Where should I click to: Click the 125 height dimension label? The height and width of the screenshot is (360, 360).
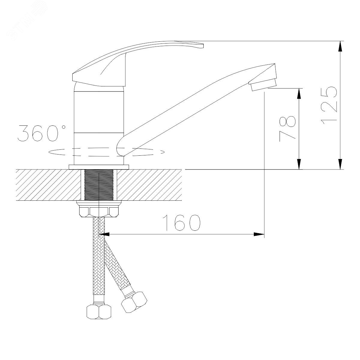(329, 106)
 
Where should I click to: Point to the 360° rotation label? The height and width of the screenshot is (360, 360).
(41, 133)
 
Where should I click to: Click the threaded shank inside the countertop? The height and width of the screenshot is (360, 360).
(99, 185)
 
